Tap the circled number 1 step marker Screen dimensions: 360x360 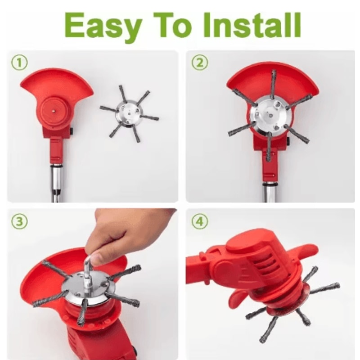click(19, 63)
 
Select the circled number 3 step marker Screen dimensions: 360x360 click(19, 221)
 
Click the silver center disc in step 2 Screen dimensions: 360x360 click(269, 117)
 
